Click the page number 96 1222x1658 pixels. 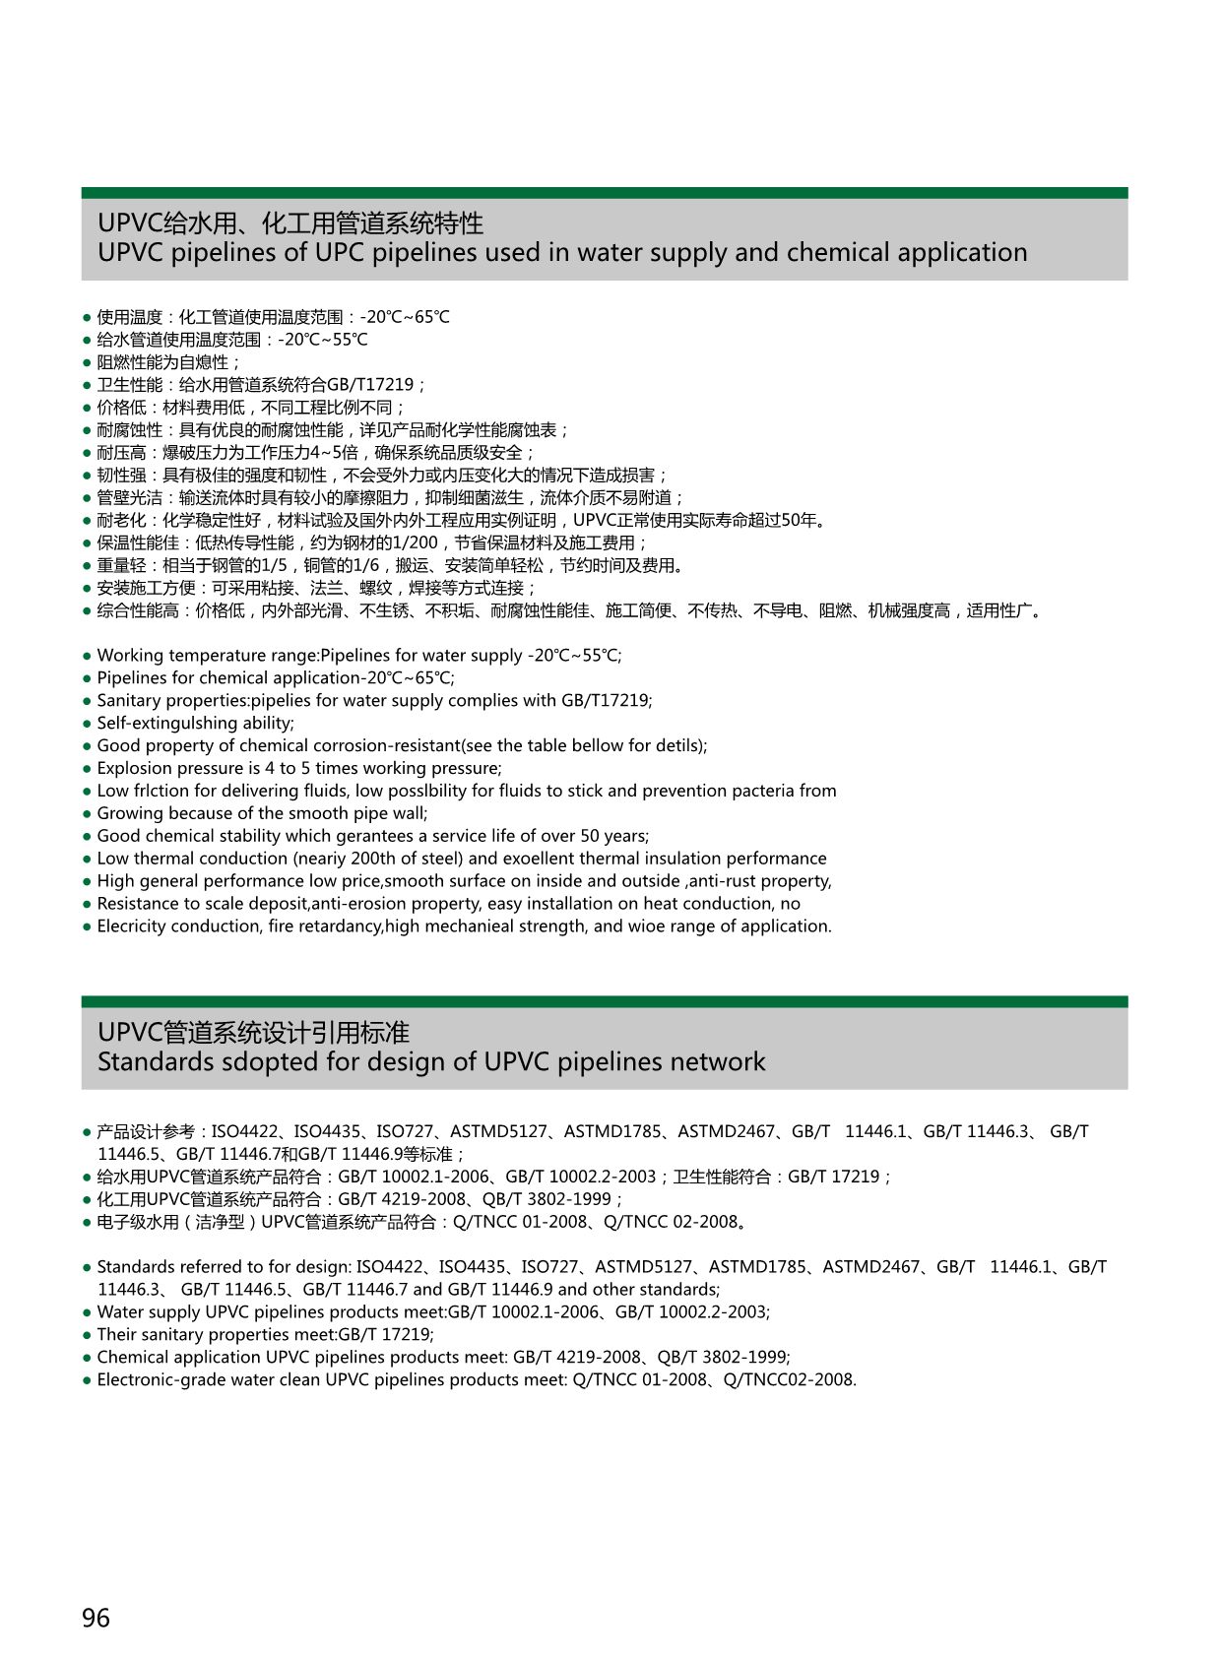(x=96, y=1618)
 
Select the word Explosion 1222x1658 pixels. (x=134, y=768)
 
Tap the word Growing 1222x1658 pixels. (x=130, y=813)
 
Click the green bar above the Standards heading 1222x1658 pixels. (x=604, y=1001)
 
